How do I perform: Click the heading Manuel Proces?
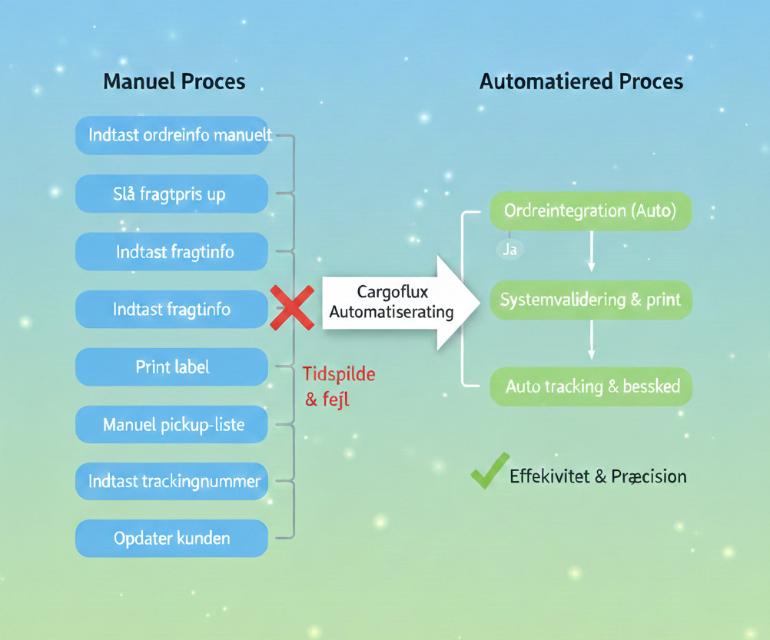[174, 81]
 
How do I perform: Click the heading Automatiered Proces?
[581, 81]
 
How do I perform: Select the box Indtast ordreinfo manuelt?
[171, 135]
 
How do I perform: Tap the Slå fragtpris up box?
[171, 194]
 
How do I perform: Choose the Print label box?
[171, 367]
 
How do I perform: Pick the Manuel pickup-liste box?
[171, 424]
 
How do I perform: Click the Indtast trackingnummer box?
[171, 482]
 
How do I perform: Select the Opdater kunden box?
[171, 538]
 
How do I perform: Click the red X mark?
[292, 308]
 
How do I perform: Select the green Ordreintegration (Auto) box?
[590, 211]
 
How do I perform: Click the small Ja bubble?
[509, 249]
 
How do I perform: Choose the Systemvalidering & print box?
[590, 299]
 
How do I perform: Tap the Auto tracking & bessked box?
[590, 386]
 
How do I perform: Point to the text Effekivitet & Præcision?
[598, 476]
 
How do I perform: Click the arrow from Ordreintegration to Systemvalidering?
[591, 251]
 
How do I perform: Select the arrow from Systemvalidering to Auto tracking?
[591, 340]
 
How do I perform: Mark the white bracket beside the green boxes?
[463, 299]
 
